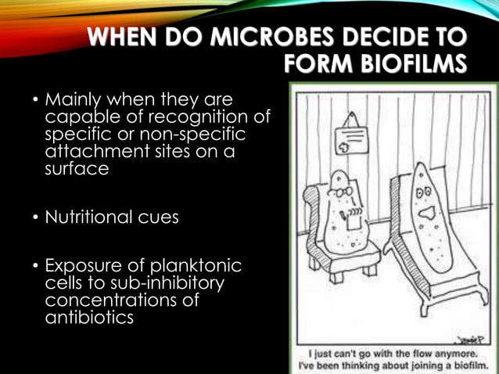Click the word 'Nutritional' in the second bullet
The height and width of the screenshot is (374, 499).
[88, 217]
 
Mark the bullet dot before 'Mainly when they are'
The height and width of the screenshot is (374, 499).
[35, 102]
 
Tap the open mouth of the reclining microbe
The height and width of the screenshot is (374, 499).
[426, 212]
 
